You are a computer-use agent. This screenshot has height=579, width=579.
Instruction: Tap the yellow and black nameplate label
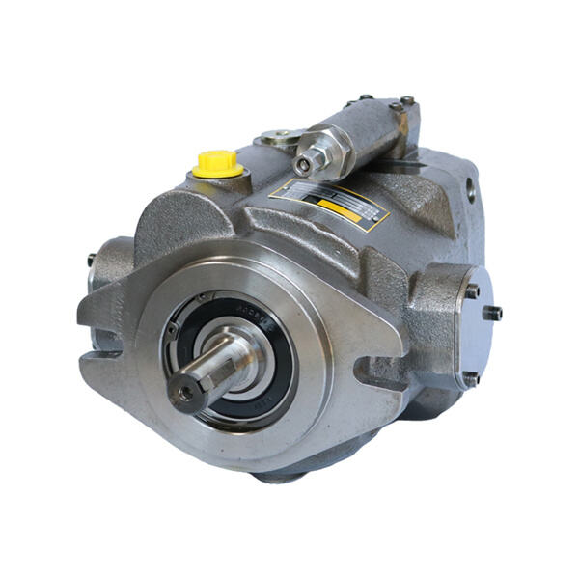(332, 202)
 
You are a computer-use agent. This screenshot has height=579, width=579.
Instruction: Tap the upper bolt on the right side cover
(472, 288)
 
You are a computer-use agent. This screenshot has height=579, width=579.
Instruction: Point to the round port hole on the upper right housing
(471, 189)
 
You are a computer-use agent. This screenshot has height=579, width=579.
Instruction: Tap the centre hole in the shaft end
(183, 390)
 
